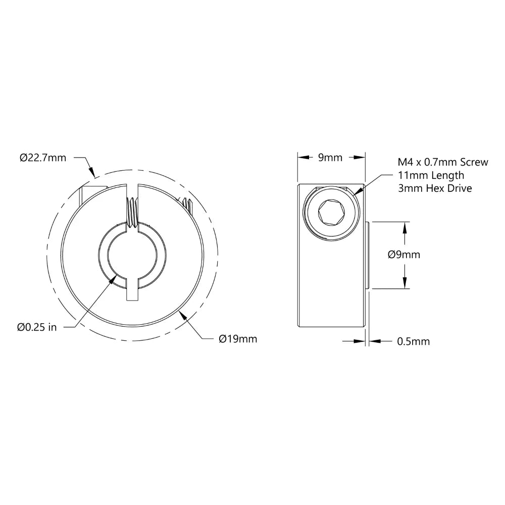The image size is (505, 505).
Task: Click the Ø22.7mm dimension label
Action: (x=43, y=158)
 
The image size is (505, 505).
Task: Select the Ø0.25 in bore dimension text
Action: (x=37, y=327)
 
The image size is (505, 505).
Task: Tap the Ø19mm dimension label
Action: (x=238, y=339)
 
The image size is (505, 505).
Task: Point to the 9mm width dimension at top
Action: (x=330, y=158)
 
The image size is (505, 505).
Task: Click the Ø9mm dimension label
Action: (x=404, y=255)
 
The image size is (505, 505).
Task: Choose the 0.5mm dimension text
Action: (x=414, y=342)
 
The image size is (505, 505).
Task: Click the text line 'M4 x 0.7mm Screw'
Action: (x=443, y=163)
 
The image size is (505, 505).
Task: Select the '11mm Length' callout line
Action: (x=430, y=175)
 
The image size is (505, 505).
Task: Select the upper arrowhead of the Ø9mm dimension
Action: (x=404, y=226)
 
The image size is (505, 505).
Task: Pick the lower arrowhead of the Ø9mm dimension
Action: (x=404, y=284)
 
